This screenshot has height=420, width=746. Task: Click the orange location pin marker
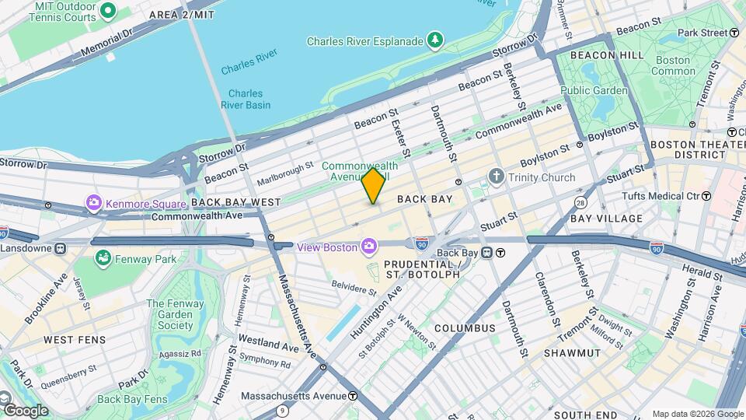click(373, 186)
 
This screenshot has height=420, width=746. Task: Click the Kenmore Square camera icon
click(94, 203)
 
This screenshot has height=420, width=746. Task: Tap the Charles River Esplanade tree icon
click(436, 40)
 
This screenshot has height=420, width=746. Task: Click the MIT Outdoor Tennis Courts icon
click(108, 11)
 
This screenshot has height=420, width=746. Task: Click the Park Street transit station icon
click(734, 33)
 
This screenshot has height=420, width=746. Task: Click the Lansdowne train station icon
click(60, 248)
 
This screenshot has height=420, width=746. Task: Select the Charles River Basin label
click(246, 99)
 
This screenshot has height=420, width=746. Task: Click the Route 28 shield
click(580, 203)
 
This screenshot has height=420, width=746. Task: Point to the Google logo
click(25, 410)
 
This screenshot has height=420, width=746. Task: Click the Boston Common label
click(674, 65)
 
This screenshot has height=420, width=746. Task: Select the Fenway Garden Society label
click(169, 314)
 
